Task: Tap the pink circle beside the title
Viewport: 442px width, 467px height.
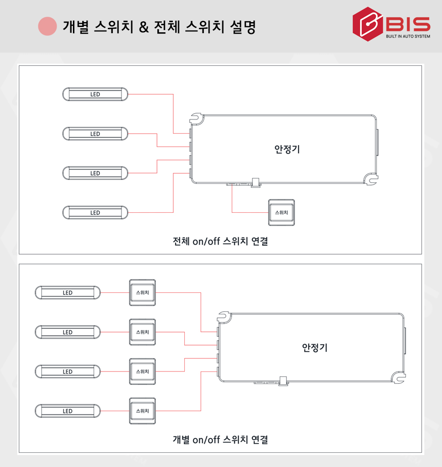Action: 47,27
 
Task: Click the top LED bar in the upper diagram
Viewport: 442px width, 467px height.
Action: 95,94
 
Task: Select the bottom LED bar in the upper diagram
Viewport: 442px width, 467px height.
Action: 95,213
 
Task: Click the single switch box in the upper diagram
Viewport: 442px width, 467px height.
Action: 282,212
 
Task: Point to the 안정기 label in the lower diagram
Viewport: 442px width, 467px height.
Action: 315,348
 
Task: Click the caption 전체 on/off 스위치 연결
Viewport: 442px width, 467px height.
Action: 220,242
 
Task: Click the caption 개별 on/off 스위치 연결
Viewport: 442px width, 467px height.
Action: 220,440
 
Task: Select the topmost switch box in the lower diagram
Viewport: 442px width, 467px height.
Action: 142,292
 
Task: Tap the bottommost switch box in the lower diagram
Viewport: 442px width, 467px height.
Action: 142,411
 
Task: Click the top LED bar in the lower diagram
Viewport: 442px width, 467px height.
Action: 68,293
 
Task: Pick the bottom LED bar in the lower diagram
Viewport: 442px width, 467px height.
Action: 68,411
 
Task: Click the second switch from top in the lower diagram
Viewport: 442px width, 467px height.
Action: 142,332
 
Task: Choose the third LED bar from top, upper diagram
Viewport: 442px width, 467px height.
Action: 95,173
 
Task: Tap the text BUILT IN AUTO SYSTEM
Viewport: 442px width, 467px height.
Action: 408,36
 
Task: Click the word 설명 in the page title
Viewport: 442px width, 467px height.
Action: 243,27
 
